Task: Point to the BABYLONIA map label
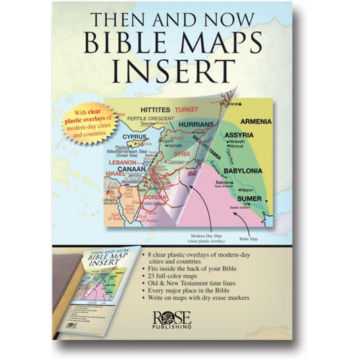click(x=243, y=161)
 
